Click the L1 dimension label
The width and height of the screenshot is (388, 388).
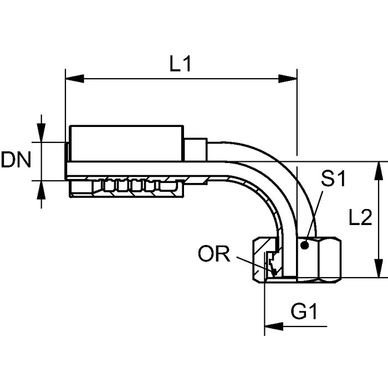[x=180, y=65]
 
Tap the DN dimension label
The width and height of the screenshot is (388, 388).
[x=16, y=161]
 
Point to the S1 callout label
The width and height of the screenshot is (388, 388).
[x=334, y=178]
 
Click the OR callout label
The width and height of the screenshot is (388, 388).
[x=214, y=254]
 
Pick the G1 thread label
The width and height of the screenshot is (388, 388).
[x=304, y=313]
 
